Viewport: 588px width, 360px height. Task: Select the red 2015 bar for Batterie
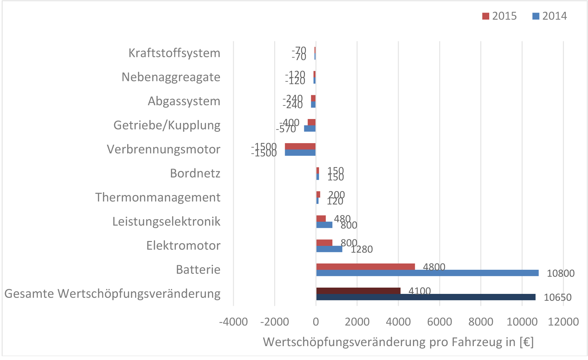[x=365, y=267]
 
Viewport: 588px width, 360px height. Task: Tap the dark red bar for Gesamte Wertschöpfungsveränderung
[x=358, y=291]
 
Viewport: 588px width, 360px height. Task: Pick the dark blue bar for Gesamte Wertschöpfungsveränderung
[x=425, y=297]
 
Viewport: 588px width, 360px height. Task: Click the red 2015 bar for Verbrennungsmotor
[x=300, y=146]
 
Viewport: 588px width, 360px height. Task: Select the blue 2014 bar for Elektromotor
[x=329, y=249]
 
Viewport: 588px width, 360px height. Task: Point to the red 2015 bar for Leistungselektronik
[x=321, y=219]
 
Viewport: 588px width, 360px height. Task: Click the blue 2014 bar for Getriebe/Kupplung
[x=310, y=129]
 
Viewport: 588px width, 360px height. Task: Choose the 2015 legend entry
[x=499, y=16]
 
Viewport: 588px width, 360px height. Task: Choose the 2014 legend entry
[x=550, y=16]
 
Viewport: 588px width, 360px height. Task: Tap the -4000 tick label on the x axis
[x=233, y=322]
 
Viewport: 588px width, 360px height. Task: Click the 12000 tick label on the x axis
[x=563, y=322]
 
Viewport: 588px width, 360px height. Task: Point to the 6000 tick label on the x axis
[x=439, y=322]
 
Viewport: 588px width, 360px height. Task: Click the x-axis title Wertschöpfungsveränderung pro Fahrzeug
[x=398, y=342]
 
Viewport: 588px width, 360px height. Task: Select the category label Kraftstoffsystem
[x=174, y=53]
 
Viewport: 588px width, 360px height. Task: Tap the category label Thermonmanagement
[x=158, y=197]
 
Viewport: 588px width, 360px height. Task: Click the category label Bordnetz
[x=195, y=173]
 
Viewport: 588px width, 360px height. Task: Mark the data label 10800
[x=561, y=273]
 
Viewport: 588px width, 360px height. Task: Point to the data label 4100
[x=420, y=291]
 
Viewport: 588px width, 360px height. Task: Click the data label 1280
[x=361, y=249]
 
